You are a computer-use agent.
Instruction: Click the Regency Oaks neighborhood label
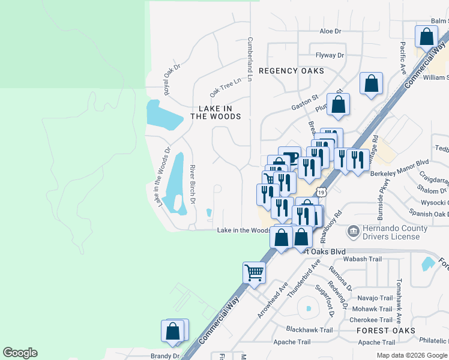point(291,71)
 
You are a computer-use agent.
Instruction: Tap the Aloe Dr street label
point(330,31)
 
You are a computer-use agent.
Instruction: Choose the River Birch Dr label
point(193,184)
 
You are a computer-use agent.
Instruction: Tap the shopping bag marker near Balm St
point(426,37)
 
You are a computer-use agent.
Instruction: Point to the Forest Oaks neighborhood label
point(385,331)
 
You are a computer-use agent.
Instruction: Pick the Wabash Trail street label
point(362,259)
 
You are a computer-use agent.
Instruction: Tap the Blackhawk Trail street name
point(309,330)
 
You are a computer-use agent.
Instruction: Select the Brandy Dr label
point(165,356)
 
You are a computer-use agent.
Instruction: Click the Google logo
point(20,353)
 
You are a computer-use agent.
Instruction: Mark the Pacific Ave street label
point(403,56)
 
